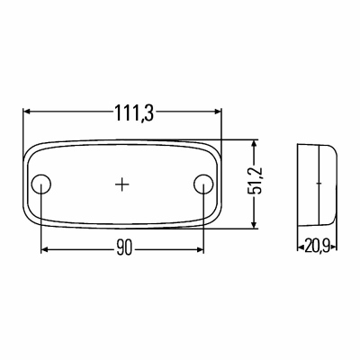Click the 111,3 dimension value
[x=134, y=113]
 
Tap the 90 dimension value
[x=124, y=248]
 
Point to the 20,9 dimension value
[x=317, y=247]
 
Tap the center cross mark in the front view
[x=122, y=184]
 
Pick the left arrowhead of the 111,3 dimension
[x=27, y=112]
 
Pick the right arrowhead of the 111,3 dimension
[x=218, y=112]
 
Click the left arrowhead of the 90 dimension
[x=45, y=249]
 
